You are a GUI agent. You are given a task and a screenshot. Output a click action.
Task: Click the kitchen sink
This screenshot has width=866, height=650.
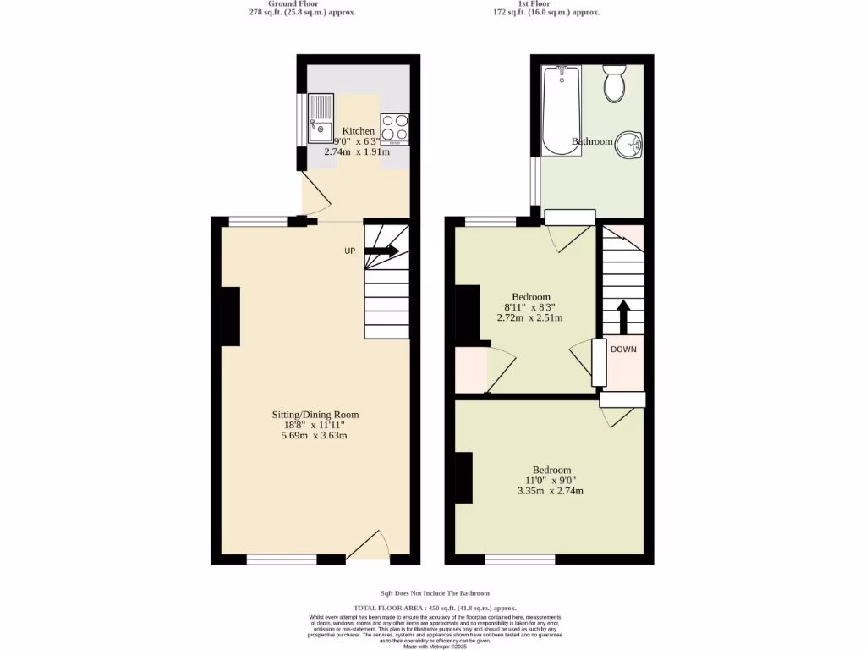click(321, 120)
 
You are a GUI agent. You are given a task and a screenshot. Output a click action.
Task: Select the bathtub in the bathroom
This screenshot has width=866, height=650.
click(560, 110)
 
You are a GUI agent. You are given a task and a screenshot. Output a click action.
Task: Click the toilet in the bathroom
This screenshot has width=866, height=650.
click(615, 83)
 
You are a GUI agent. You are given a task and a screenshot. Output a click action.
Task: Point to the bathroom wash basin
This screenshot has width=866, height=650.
click(628, 145)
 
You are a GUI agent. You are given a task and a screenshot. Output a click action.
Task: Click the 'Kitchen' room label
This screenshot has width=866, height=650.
click(358, 131)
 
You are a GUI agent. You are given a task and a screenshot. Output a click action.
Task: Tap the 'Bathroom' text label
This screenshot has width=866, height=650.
click(592, 141)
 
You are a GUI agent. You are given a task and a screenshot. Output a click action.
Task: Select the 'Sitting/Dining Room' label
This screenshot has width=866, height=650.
click(315, 415)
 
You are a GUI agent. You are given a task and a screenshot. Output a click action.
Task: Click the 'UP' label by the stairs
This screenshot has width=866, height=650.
click(349, 251)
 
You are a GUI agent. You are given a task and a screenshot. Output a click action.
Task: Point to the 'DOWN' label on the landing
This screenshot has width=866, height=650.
click(623, 349)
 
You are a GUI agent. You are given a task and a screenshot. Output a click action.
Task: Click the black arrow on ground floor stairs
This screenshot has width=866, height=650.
click(384, 251)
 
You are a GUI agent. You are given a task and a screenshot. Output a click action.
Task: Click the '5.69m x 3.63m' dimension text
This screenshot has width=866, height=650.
click(315, 436)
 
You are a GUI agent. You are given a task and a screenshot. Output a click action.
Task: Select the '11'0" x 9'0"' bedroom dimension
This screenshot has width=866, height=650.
click(551, 481)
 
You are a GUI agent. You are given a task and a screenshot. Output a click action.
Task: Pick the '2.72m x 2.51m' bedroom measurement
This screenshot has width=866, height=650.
click(529, 318)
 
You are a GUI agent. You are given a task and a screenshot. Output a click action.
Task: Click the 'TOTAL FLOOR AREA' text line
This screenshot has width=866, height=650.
click(435, 608)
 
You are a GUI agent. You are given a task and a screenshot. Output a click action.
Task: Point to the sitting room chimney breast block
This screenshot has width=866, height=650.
click(229, 316)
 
